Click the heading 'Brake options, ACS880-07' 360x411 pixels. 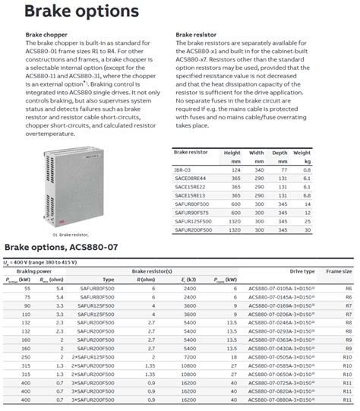(61, 248)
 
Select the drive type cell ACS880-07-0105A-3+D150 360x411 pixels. (284, 289)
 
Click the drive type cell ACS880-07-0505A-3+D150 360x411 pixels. (284, 356)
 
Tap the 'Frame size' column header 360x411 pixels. (339, 271)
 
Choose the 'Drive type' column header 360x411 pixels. (302, 271)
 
